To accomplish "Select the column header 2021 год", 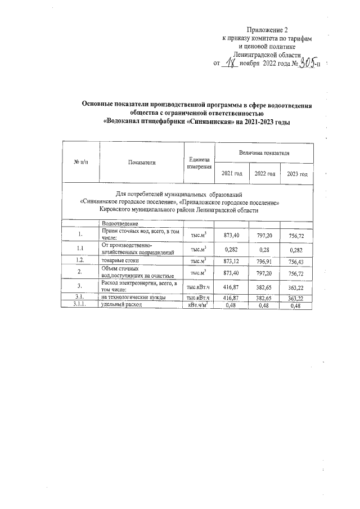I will click(232, 173).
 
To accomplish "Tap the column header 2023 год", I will click(297, 174).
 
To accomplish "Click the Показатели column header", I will click(141, 162).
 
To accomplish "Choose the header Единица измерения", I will click(200, 163).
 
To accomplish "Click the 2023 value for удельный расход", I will click(296, 305).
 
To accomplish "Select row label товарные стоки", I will click(120, 260).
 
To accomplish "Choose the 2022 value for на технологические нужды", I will click(264, 297).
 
